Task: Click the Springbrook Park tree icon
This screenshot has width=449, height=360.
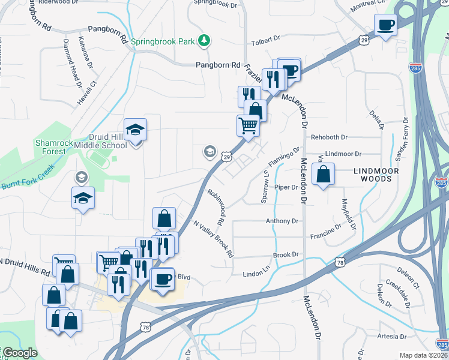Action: coord(205,41)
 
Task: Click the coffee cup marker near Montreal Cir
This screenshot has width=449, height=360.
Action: coord(385,25)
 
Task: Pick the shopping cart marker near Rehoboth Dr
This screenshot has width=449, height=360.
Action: coord(247,126)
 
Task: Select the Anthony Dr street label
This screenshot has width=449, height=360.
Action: coord(282,221)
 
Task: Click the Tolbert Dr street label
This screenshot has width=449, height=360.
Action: coord(267,39)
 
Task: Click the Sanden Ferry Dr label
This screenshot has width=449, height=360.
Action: coord(399,147)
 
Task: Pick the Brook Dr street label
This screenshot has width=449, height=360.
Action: coord(286,255)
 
